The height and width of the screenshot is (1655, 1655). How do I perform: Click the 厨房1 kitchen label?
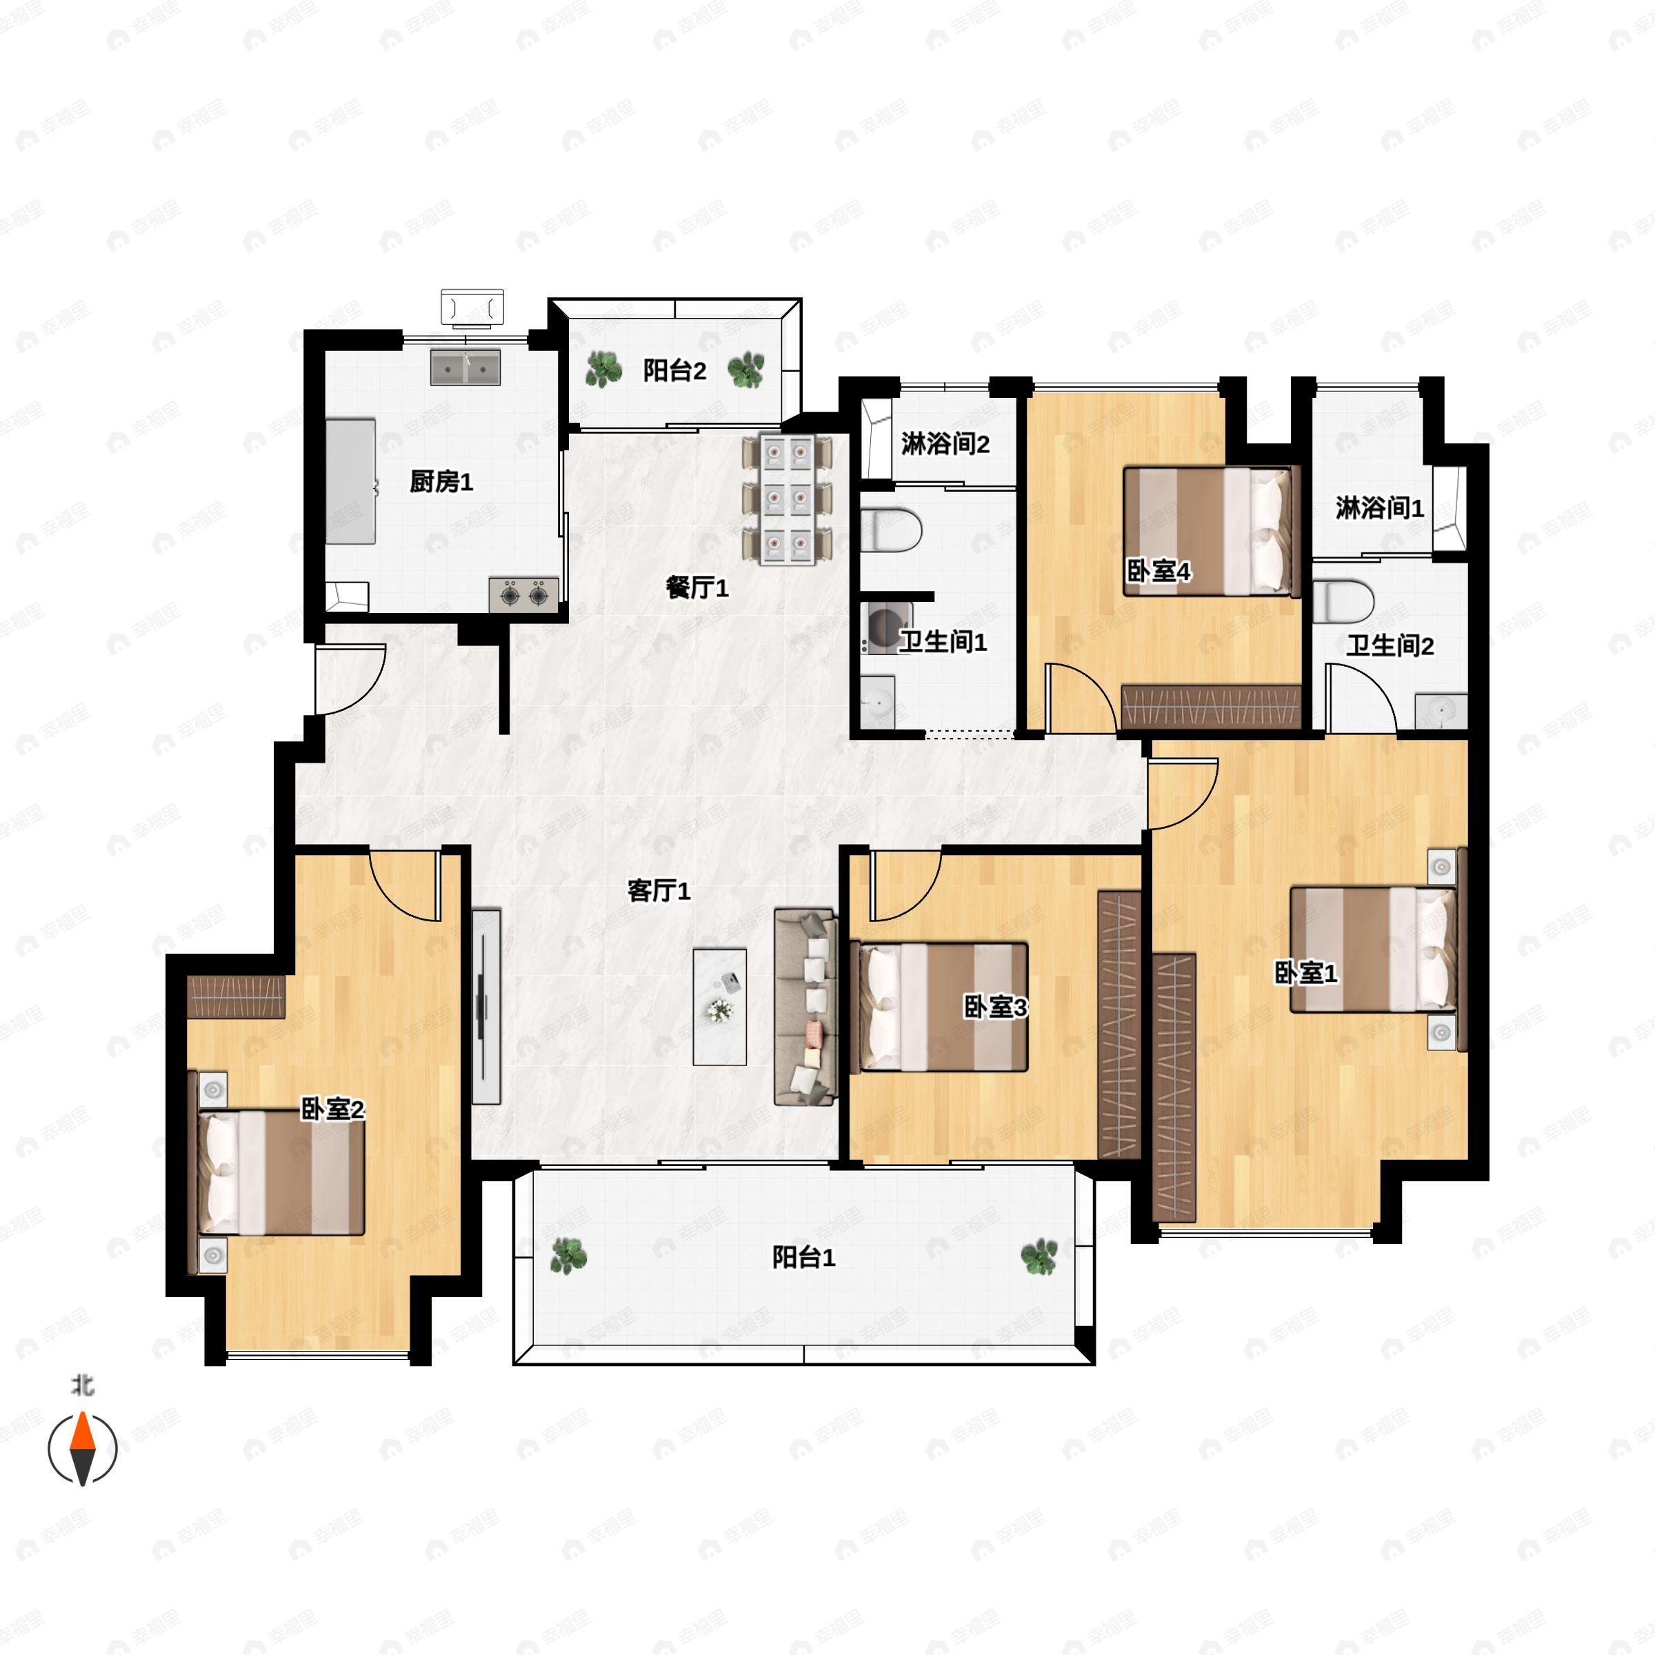(x=441, y=481)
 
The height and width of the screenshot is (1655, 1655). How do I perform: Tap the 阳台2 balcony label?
(x=675, y=371)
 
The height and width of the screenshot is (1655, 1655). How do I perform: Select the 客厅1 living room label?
(x=659, y=891)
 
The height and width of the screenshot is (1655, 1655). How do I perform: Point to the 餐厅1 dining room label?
(x=697, y=588)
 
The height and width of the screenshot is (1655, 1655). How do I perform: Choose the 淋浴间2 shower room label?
(x=945, y=443)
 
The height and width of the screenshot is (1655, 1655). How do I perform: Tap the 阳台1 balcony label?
(x=803, y=1258)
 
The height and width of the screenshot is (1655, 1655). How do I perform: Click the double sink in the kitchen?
(x=465, y=368)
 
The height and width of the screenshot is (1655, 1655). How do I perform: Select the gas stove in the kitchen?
(x=524, y=594)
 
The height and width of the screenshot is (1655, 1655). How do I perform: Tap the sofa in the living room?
(x=805, y=1007)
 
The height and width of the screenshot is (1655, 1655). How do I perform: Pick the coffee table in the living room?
(x=719, y=1007)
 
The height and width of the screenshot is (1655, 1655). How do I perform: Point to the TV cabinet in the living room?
(x=485, y=1007)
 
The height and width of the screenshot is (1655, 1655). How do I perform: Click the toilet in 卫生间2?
(x=1343, y=601)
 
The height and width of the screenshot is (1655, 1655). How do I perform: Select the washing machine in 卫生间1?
(x=883, y=629)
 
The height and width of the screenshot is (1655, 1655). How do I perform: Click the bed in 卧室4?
(x=1212, y=531)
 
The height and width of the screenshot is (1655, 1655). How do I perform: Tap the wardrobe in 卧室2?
(x=236, y=996)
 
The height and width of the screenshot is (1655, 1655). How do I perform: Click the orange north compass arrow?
(x=82, y=1449)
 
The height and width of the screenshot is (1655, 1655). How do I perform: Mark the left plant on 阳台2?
(x=604, y=370)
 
